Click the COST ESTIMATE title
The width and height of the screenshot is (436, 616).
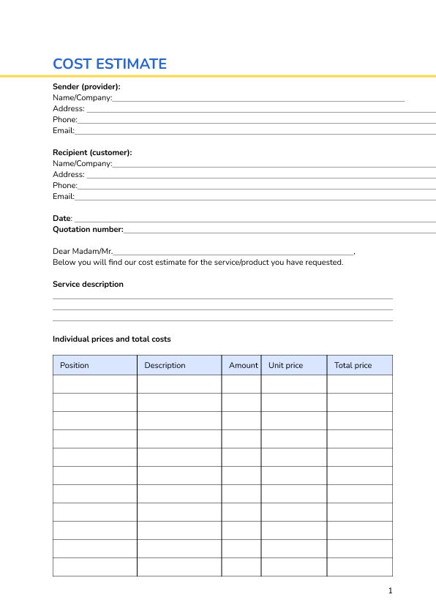coord(110,64)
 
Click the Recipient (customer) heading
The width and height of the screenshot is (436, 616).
coord(92,152)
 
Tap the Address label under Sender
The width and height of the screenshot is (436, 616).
coord(69,108)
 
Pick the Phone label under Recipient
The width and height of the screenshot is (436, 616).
coord(65,185)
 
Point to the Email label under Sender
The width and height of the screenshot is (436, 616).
coord(64,130)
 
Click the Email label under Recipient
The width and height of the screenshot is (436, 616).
coord(64,196)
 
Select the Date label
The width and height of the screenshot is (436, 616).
coord(62,218)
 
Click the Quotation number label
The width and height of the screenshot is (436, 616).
coord(88,229)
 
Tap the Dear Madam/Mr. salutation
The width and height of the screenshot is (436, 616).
coord(83,251)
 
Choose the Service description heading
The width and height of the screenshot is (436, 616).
coord(88,284)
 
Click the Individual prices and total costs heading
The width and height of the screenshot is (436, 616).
coord(111,339)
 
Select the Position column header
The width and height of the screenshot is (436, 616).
coord(75,365)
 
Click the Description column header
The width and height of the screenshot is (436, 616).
coord(165,365)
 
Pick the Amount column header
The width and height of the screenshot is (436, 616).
coord(243,365)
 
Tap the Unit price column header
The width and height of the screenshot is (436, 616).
coord(285,365)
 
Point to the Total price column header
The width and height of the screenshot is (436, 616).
coord(353,365)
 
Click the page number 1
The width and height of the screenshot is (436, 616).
coord(391,590)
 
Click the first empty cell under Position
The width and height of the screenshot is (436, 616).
coord(95,384)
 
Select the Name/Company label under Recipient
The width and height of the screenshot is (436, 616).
coord(82,163)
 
